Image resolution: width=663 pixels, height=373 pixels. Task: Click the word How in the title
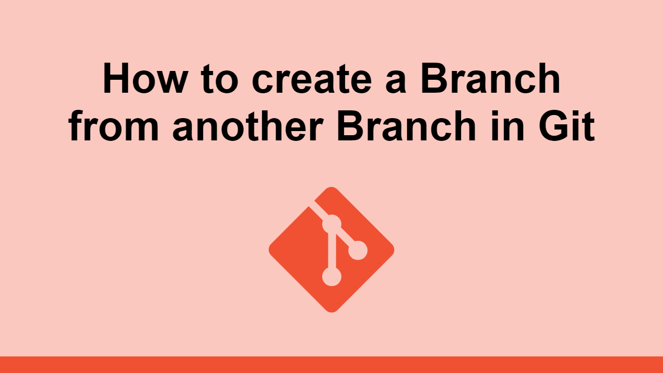(139, 81)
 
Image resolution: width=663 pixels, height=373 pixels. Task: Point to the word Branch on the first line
(490, 81)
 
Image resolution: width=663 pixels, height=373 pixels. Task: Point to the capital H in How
(116, 81)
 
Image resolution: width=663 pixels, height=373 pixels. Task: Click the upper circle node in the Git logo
(331, 224)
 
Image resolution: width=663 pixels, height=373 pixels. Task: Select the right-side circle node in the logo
(357, 251)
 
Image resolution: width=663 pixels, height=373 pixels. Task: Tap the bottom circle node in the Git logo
(331, 277)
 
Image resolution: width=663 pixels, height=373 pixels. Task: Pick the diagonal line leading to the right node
(345, 238)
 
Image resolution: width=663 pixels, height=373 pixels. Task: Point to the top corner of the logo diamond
(331, 189)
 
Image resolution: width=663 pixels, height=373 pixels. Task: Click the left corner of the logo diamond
(271, 250)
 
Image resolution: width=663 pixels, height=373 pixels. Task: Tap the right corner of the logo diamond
(392, 250)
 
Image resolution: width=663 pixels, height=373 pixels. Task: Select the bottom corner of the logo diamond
(331, 310)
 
